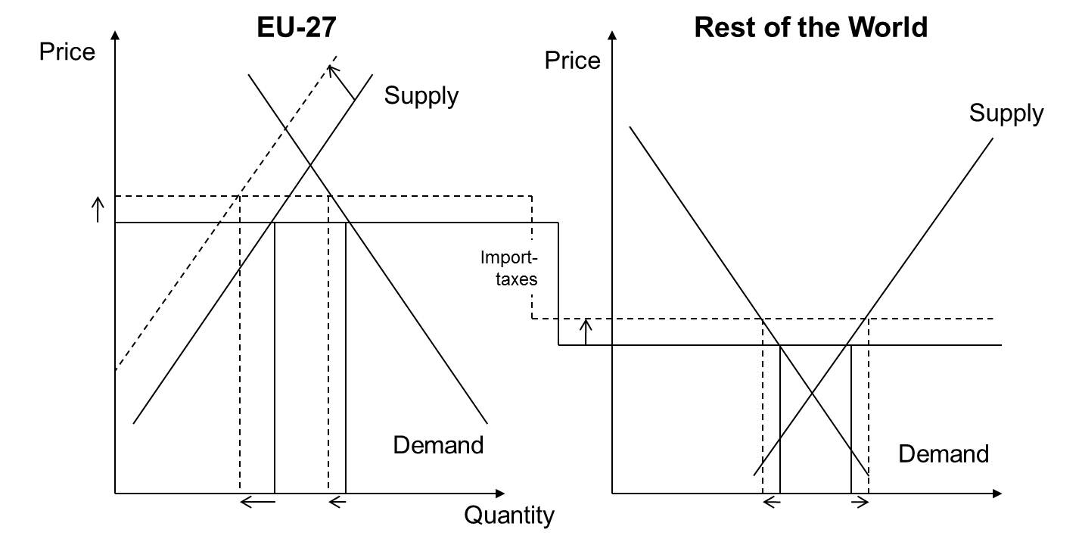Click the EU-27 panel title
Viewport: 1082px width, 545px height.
(297, 27)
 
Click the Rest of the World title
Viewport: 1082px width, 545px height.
(810, 27)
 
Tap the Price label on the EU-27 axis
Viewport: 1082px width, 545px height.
(67, 52)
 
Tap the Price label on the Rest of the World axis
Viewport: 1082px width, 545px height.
(572, 61)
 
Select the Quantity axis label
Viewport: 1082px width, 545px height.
(508, 516)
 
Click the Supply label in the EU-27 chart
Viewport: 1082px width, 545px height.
(421, 96)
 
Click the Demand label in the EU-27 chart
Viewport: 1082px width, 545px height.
(438, 444)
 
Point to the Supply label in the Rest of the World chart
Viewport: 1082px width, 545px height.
(1006, 114)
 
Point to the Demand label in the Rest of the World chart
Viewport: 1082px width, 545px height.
(943, 454)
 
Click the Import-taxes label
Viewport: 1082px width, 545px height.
(509, 268)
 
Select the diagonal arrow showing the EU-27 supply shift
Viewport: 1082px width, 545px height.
(341, 83)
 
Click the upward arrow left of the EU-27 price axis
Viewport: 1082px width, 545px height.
(97, 209)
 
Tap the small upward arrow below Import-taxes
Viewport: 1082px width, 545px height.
(585, 332)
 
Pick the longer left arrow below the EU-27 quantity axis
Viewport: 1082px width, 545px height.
(257, 501)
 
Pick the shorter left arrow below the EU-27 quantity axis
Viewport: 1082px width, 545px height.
(337, 501)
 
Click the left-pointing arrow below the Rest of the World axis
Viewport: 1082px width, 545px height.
(771, 502)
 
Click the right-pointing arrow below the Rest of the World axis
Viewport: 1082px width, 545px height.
(860, 502)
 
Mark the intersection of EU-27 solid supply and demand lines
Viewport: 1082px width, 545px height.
(310, 166)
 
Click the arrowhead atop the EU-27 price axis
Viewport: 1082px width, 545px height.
(115, 36)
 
